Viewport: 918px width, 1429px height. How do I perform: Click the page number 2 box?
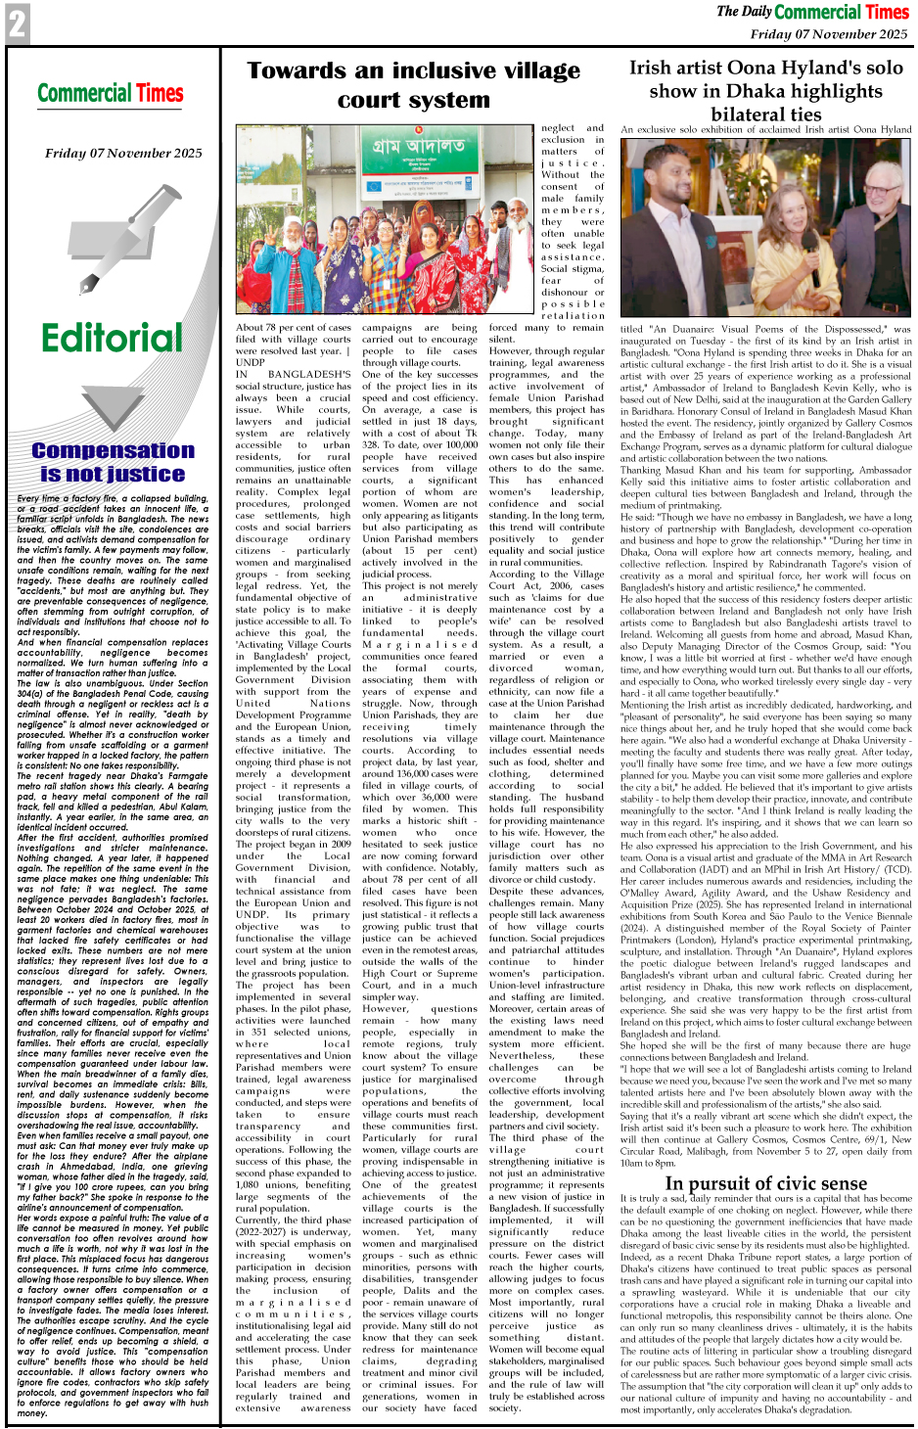(x=17, y=23)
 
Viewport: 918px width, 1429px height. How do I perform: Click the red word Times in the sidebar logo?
(x=160, y=94)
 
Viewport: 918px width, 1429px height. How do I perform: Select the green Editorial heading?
(x=112, y=338)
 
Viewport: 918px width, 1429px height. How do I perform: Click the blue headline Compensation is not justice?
(x=113, y=462)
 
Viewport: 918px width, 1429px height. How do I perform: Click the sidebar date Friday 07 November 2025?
(x=123, y=153)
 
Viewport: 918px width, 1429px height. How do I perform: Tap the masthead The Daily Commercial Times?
(x=812, y=12)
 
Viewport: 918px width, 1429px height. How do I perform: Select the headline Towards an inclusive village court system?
(x=413, y=85)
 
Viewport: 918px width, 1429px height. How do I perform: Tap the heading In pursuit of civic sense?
(x=765, y=1182)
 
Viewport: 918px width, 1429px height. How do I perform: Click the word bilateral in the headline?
(x=728, y=114)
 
